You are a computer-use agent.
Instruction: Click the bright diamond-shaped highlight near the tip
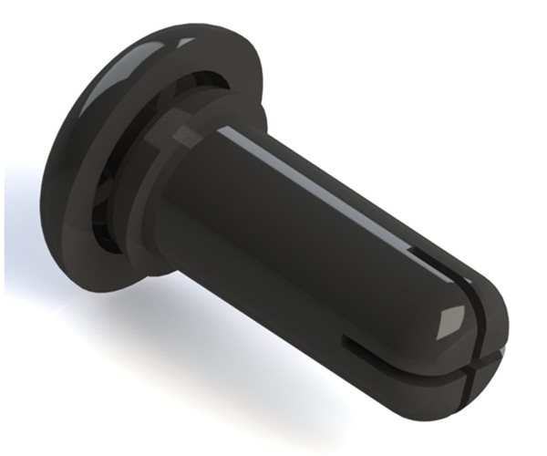[449, 320]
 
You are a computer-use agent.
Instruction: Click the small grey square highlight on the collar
[187, 137]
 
